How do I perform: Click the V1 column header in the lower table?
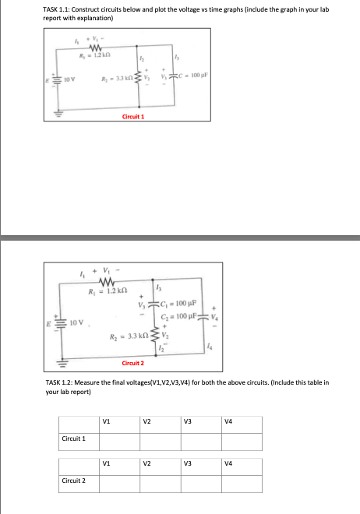pyautogui.click(x=105, y=470)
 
